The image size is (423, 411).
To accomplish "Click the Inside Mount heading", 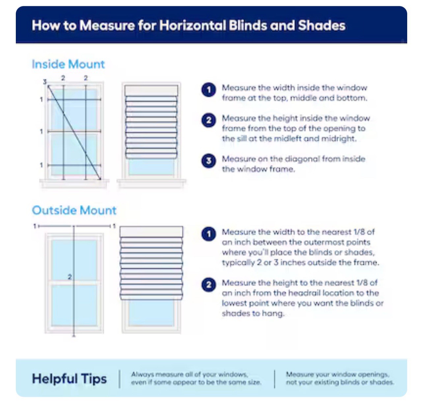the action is pos(68,64).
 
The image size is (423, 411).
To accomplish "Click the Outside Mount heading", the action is pos(74,210).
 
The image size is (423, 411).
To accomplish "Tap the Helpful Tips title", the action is pos(69,379).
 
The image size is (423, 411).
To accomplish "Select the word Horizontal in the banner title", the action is pos(193,25).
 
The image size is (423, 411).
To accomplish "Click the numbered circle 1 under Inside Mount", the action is pos(209,90).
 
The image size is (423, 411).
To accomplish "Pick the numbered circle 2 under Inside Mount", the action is pos(209,120).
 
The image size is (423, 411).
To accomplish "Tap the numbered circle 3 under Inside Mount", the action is pos(209,161).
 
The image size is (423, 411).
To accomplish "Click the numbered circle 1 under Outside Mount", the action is pos(209,234).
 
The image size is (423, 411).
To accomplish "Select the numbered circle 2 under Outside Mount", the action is pos(209,285).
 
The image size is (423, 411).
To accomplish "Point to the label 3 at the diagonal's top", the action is pos(45,82).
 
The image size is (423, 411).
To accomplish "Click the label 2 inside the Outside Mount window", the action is pos(70,277).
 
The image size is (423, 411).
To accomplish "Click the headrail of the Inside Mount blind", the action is pos(151,90).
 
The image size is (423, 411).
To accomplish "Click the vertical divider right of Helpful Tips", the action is pos(120,379).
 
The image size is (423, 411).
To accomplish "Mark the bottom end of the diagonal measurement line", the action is pos(100,179).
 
